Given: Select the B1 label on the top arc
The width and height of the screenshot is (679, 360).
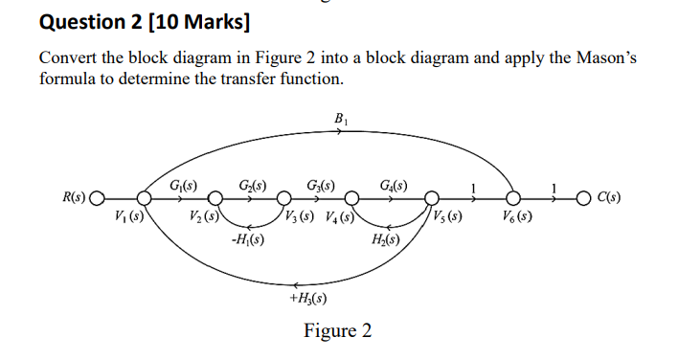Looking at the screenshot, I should click(340, 119).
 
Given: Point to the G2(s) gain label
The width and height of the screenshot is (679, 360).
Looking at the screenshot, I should click(252, 183).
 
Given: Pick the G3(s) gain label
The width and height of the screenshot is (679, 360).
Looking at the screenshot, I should click(320, 183).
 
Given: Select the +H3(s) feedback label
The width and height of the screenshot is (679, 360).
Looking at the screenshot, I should click(308, 299).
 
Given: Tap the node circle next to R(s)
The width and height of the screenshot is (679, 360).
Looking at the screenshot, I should click(96, 200).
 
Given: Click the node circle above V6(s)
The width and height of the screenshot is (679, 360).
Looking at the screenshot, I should click(515, 200).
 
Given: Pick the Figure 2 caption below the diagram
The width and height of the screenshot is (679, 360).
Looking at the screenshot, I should click(337, 331).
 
